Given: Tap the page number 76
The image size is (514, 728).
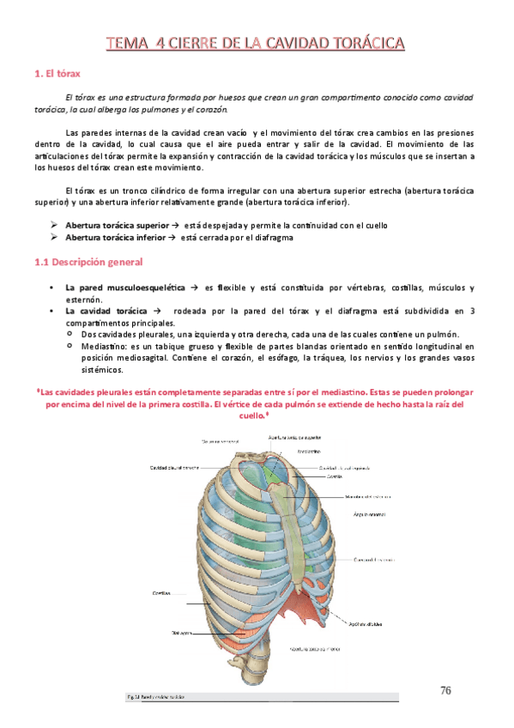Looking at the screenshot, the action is pos(445,690).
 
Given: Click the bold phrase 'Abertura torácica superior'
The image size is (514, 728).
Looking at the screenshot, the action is pos(118,225).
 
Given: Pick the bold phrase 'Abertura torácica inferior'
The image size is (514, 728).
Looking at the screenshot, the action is pos(115,238).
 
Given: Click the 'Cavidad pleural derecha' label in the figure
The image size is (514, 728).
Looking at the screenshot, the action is pos(175,468).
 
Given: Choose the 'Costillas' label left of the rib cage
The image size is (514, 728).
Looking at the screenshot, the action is pos(160,592).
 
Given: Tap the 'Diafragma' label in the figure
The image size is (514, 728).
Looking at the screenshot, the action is pos(180,634).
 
